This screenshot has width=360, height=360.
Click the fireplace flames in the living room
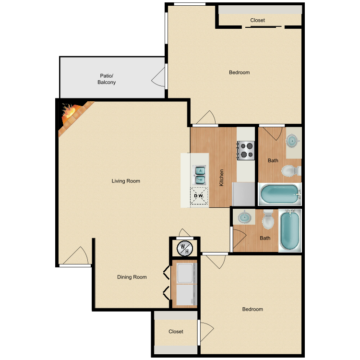69,111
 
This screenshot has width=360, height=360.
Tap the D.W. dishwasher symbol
199,196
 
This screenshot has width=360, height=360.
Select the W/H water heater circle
185,248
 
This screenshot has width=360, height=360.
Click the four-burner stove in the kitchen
246,150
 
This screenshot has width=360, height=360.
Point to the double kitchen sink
200,175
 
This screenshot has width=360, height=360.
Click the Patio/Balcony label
107,79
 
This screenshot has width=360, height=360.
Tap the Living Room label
126,181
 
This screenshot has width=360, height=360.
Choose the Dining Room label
132,277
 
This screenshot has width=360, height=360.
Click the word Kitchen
221,178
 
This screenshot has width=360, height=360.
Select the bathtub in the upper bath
280,194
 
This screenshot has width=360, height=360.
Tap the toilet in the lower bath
268,220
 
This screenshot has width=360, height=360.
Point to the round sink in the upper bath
292,140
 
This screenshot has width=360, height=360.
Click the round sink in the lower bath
244,217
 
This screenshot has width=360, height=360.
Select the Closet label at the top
258,20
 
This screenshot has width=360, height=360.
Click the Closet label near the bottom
176,331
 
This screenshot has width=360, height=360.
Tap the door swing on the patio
158,77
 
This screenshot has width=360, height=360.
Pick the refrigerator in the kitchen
243,194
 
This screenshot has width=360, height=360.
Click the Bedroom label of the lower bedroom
252,309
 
